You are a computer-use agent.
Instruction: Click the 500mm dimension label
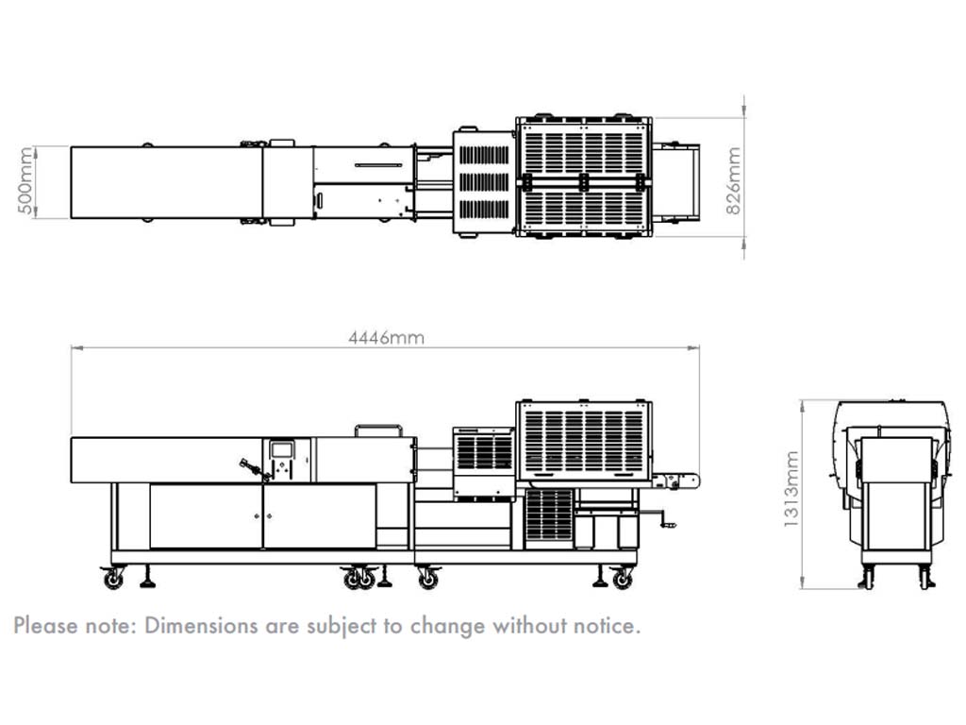[25, 180]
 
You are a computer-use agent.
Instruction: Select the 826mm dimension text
[733, 180]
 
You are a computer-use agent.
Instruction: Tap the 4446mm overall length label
[386, 338]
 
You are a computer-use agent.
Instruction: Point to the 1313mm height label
[791, 490]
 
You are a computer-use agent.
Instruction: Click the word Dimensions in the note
[202, 626]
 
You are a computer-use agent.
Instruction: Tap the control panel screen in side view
[282, 449]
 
